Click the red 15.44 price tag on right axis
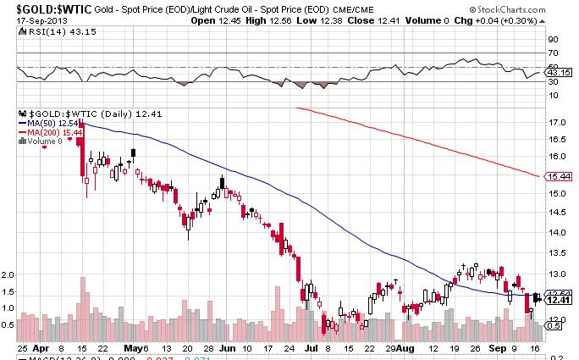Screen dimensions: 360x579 coord(555,177)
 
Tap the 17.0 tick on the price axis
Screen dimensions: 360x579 coord(555,123)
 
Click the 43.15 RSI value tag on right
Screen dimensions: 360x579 coord(554,74)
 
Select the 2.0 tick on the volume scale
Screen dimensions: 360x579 coord(9,275)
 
